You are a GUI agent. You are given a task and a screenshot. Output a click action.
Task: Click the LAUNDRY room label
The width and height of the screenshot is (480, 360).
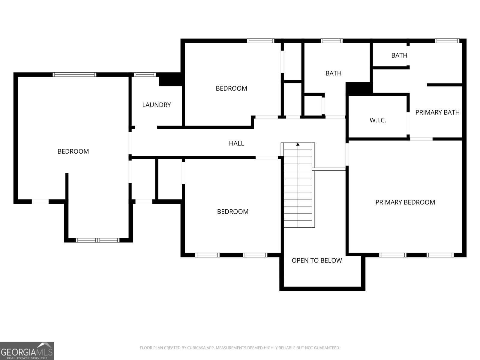pos(156,105)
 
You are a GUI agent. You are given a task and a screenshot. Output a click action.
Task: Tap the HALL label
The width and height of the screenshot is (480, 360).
pos(236,143)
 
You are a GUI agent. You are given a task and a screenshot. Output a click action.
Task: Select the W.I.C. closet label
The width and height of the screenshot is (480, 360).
pos(378,120)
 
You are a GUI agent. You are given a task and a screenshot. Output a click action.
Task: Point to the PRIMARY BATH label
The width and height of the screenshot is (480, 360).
pos(437,112)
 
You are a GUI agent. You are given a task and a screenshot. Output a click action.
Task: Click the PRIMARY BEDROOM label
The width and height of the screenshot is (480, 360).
pos(405,202)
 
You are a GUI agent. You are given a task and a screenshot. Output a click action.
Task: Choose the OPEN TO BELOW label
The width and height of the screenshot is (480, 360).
pos(317,260)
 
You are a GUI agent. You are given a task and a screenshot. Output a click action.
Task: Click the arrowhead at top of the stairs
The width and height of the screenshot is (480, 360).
pos(298,144)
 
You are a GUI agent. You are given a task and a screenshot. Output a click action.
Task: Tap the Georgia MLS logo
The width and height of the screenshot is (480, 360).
pos(27,351)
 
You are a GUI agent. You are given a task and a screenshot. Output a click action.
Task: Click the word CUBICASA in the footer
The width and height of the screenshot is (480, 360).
pos(196,348)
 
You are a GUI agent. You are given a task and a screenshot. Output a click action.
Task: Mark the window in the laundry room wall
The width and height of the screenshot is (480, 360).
pos(145,74)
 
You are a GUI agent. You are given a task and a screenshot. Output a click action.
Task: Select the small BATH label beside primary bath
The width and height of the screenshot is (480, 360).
pos(399,55)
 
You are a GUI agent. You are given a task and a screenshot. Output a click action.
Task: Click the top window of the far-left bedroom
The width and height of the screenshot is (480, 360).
pos(74,74)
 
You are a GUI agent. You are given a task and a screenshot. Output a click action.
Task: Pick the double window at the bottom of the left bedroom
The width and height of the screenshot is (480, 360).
pos(97,240)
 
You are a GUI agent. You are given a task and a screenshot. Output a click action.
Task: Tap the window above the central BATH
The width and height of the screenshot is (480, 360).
pos(332,41)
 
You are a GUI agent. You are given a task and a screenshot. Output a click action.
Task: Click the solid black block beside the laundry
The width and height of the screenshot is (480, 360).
pos(171,79)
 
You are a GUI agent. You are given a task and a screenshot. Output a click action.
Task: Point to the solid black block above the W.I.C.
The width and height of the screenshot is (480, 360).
pos(359,89)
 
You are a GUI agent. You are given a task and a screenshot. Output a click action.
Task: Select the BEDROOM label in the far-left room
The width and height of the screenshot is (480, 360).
pos(73,151)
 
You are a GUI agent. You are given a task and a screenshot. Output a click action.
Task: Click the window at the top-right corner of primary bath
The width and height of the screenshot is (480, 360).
pos(447,41)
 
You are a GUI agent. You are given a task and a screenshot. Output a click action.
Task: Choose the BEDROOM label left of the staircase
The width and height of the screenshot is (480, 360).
pos(233,211)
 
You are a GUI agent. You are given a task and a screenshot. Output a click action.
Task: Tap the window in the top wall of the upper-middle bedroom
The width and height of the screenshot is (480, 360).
pos(261,41)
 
